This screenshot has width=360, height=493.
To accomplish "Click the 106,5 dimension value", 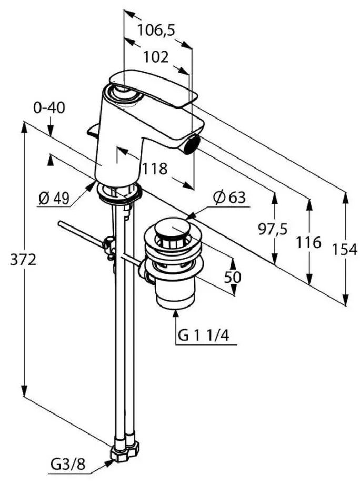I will [156, 31].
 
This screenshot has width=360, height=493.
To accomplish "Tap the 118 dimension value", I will [155, 169].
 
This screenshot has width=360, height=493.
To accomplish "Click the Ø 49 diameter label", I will [54, 198].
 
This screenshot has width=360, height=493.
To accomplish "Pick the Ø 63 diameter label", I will [229, 198].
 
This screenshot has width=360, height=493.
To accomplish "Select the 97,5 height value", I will [273, 229].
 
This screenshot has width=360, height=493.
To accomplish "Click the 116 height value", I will [308, 242].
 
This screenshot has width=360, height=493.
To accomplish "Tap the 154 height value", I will [345, 250].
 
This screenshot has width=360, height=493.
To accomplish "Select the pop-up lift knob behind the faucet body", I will [92, 130].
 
